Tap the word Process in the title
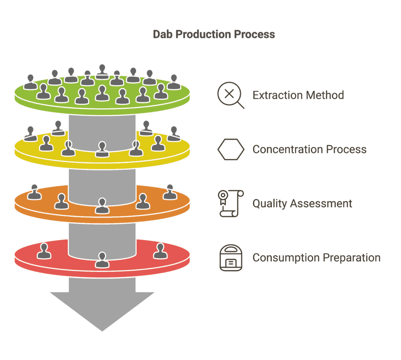point(255,34)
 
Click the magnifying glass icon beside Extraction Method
point(231,95)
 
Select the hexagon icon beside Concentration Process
point(231,149)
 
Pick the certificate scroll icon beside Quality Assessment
point(231,203)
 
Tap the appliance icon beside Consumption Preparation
point(231,257)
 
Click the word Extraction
point(278,95)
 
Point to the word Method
point(325,95)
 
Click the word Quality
point(270,204)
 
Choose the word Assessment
point(321,203)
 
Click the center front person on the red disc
point(102,260)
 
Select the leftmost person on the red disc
point(44,251)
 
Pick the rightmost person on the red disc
point(160,251)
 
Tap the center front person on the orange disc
point(102,206)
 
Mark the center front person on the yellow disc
point(102,149)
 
